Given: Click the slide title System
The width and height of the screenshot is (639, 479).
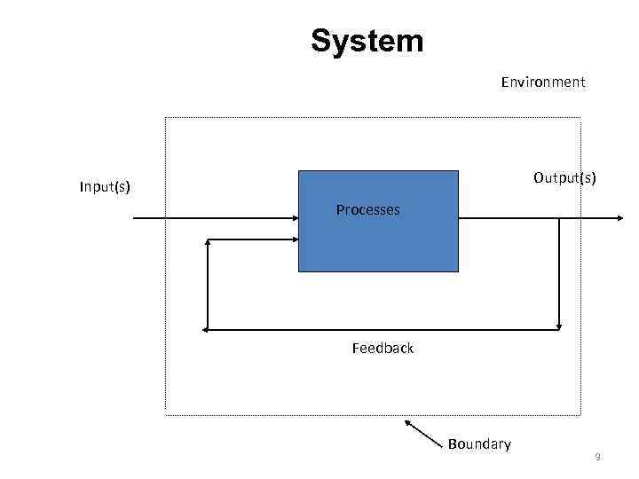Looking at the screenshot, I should pos(367,41).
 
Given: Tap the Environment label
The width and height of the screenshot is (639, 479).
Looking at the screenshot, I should pos(542,82).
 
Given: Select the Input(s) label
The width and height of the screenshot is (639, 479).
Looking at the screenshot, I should pos(105,186).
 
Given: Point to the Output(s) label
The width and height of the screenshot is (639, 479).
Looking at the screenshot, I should pos(564,178).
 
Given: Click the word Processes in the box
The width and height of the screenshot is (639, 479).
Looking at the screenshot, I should pos(367,210).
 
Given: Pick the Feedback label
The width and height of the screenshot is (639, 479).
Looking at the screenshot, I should pos(383,349).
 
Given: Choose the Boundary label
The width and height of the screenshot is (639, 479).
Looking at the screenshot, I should pos(479,444).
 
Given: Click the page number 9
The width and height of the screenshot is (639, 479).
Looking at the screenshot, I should pos(597,457).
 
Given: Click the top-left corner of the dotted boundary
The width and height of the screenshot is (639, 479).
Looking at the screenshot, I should pos(166,118).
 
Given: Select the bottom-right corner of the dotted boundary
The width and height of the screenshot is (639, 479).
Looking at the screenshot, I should pos(580,414).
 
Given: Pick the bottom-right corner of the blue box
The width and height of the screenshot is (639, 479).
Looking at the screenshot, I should pos(458,271).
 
